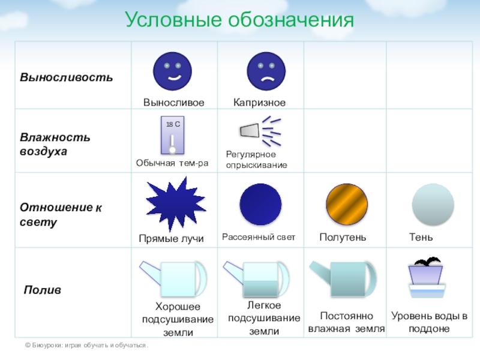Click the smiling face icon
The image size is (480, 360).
tap(172, 71)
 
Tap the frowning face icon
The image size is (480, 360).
tap(266, 71)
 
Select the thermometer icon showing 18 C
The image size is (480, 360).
tap(173, 135)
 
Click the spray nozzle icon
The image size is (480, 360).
tap(260, 131)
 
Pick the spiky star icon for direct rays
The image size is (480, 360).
tap(175, 204)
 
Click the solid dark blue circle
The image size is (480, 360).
tap(260, 204)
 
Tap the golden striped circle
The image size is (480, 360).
tap(347, 204)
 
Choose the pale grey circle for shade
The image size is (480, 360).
tap(433, 204)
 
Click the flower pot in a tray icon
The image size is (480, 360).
tap(427, 277)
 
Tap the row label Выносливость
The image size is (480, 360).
tap(66, 77)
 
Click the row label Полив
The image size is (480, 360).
tap(42, 290)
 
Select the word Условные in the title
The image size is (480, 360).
tap(173, 20)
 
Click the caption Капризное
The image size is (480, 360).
tap(259, 102)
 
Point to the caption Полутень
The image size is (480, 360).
tap(343, 237)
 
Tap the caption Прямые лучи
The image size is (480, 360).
tap(171, 238)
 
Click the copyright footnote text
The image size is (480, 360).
tap(86, 346)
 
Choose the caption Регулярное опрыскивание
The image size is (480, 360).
tap(257, 160)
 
